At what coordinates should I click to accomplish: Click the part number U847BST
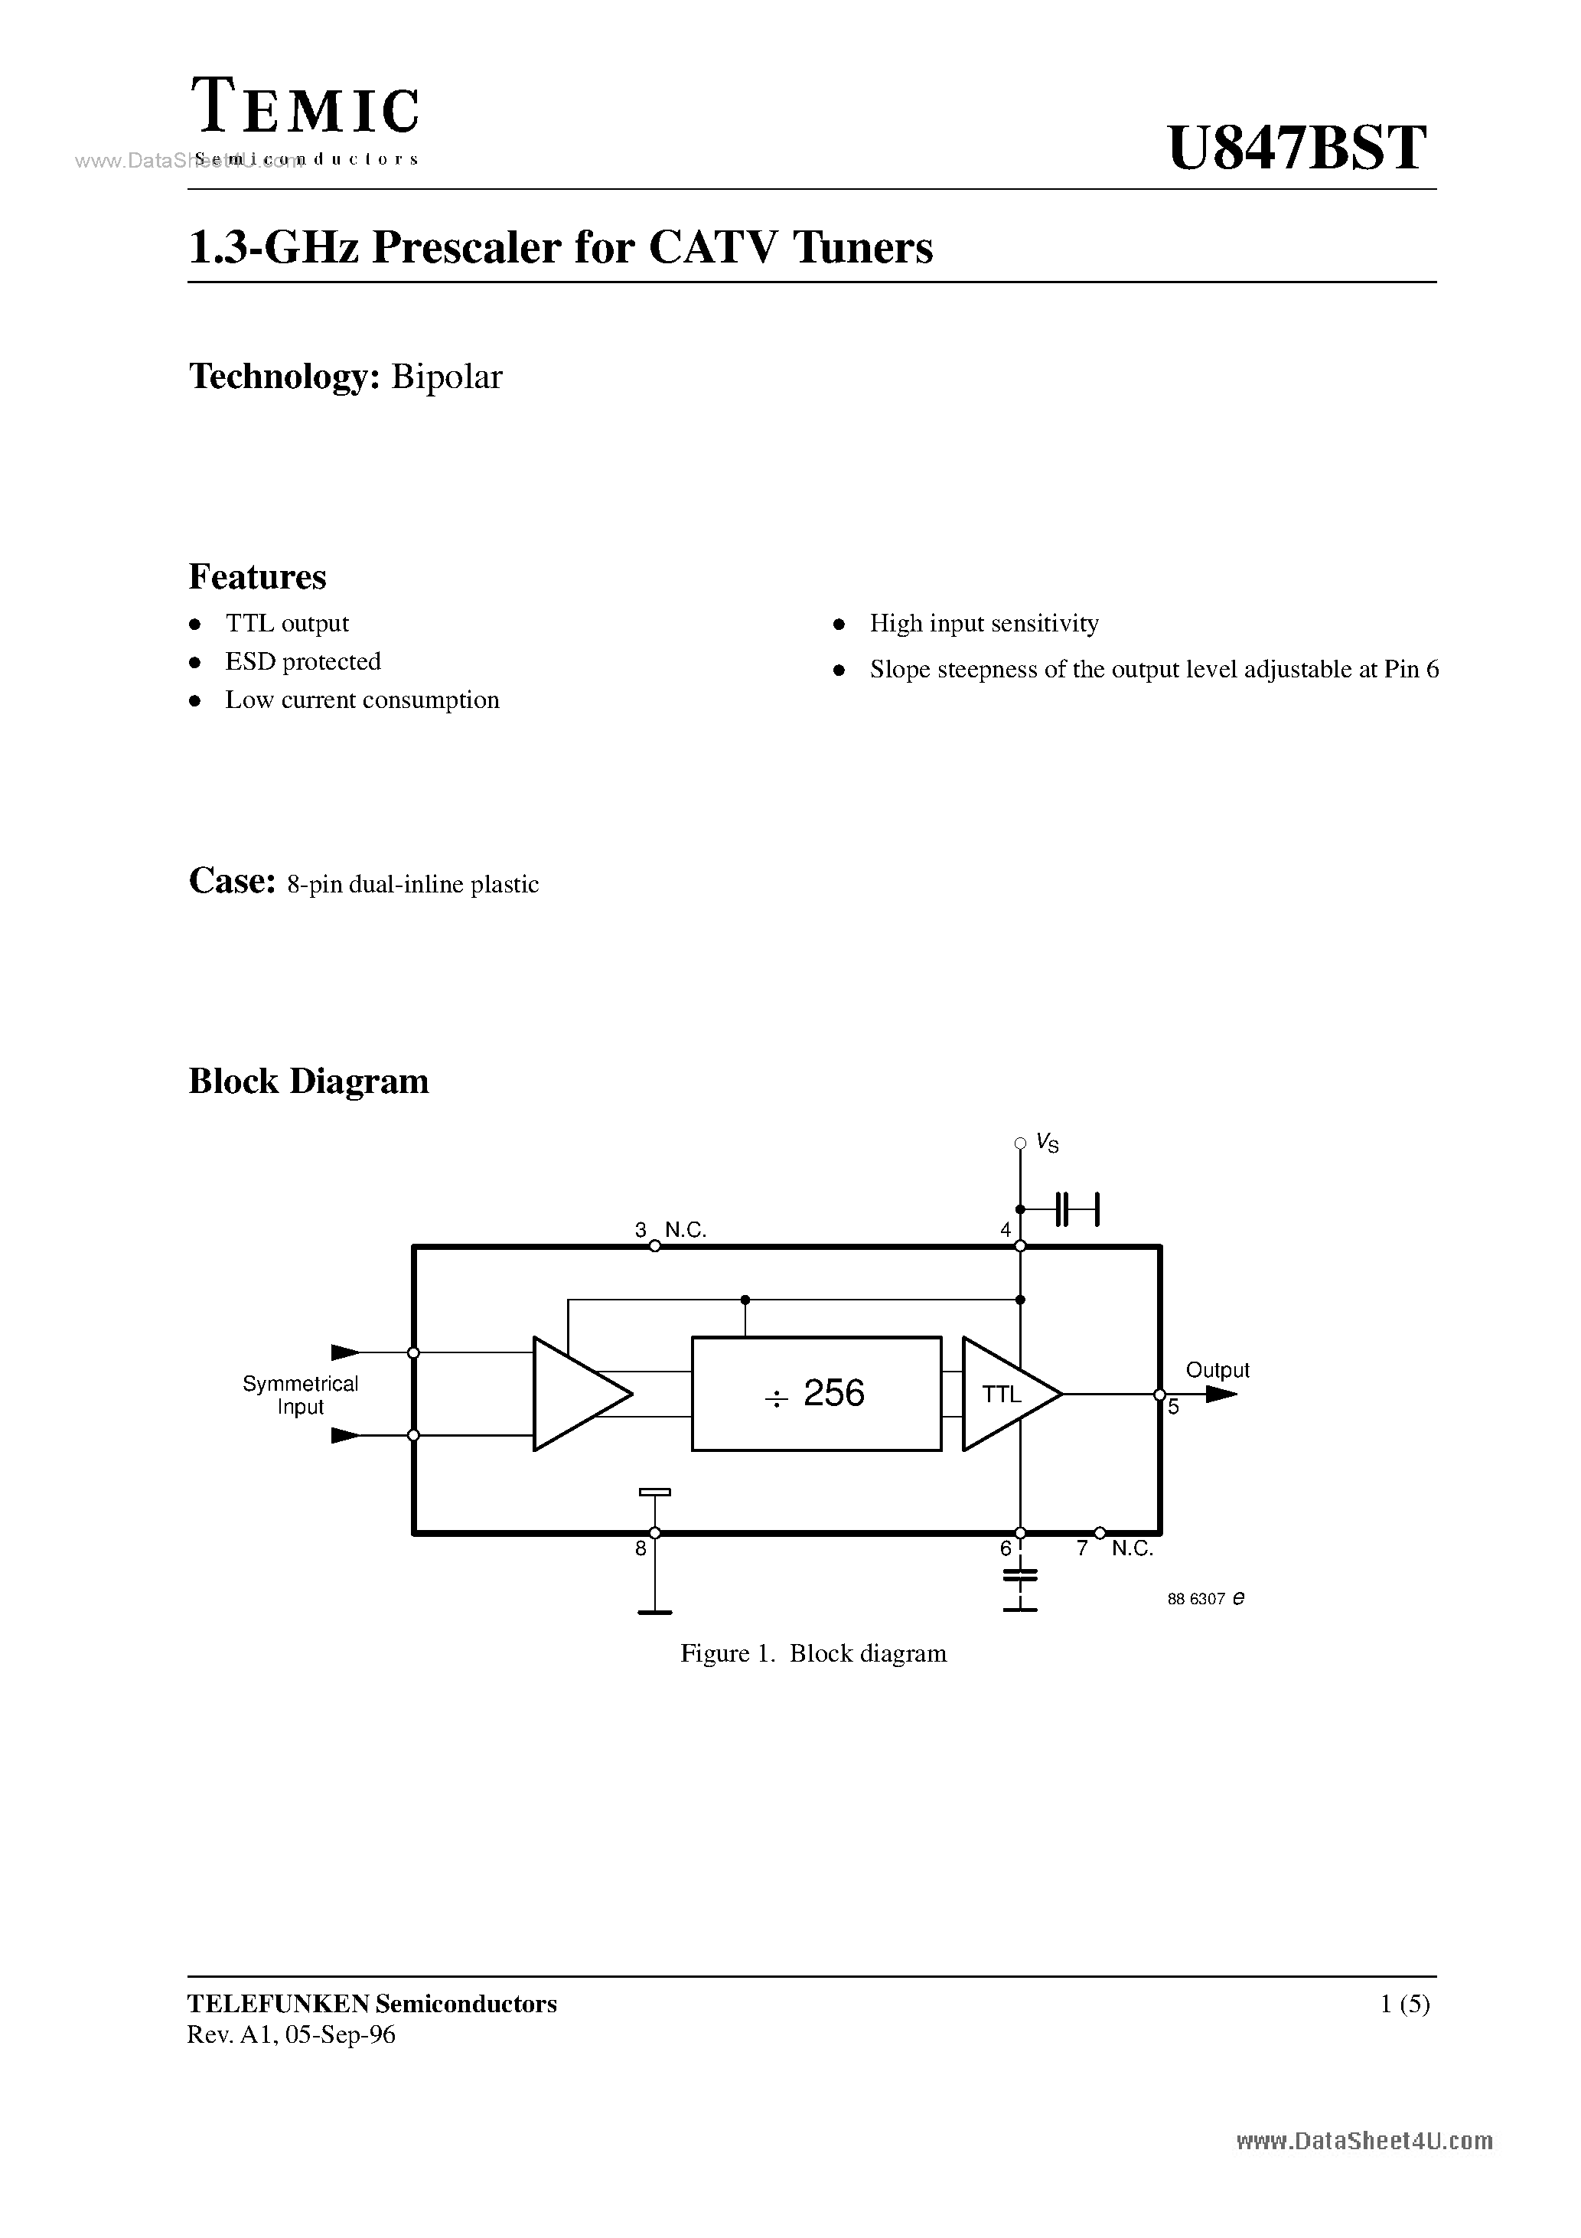(1296, 148)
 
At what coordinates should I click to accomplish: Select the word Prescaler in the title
(466, 246)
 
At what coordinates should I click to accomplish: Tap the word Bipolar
(446, 377)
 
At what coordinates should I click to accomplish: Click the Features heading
(257, 577)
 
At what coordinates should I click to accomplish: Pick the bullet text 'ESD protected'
(303, 662)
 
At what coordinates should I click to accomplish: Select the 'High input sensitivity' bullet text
(983, 624)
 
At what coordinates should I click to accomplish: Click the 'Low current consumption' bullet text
(362, 700)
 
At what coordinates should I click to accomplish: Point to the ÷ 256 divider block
(816, 1393)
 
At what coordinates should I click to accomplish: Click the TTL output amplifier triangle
(1004, 1394)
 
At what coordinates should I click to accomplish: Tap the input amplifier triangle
(575, 1394)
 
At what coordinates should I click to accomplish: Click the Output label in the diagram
(1217, 1369)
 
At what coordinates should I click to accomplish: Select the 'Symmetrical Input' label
(300, 1395)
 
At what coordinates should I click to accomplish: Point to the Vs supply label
(1048, 1143)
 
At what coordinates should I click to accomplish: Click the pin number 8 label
(641, 1548)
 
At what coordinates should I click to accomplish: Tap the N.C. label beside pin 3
(685, 1230)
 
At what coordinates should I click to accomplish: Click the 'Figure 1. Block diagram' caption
(813, 1654)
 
